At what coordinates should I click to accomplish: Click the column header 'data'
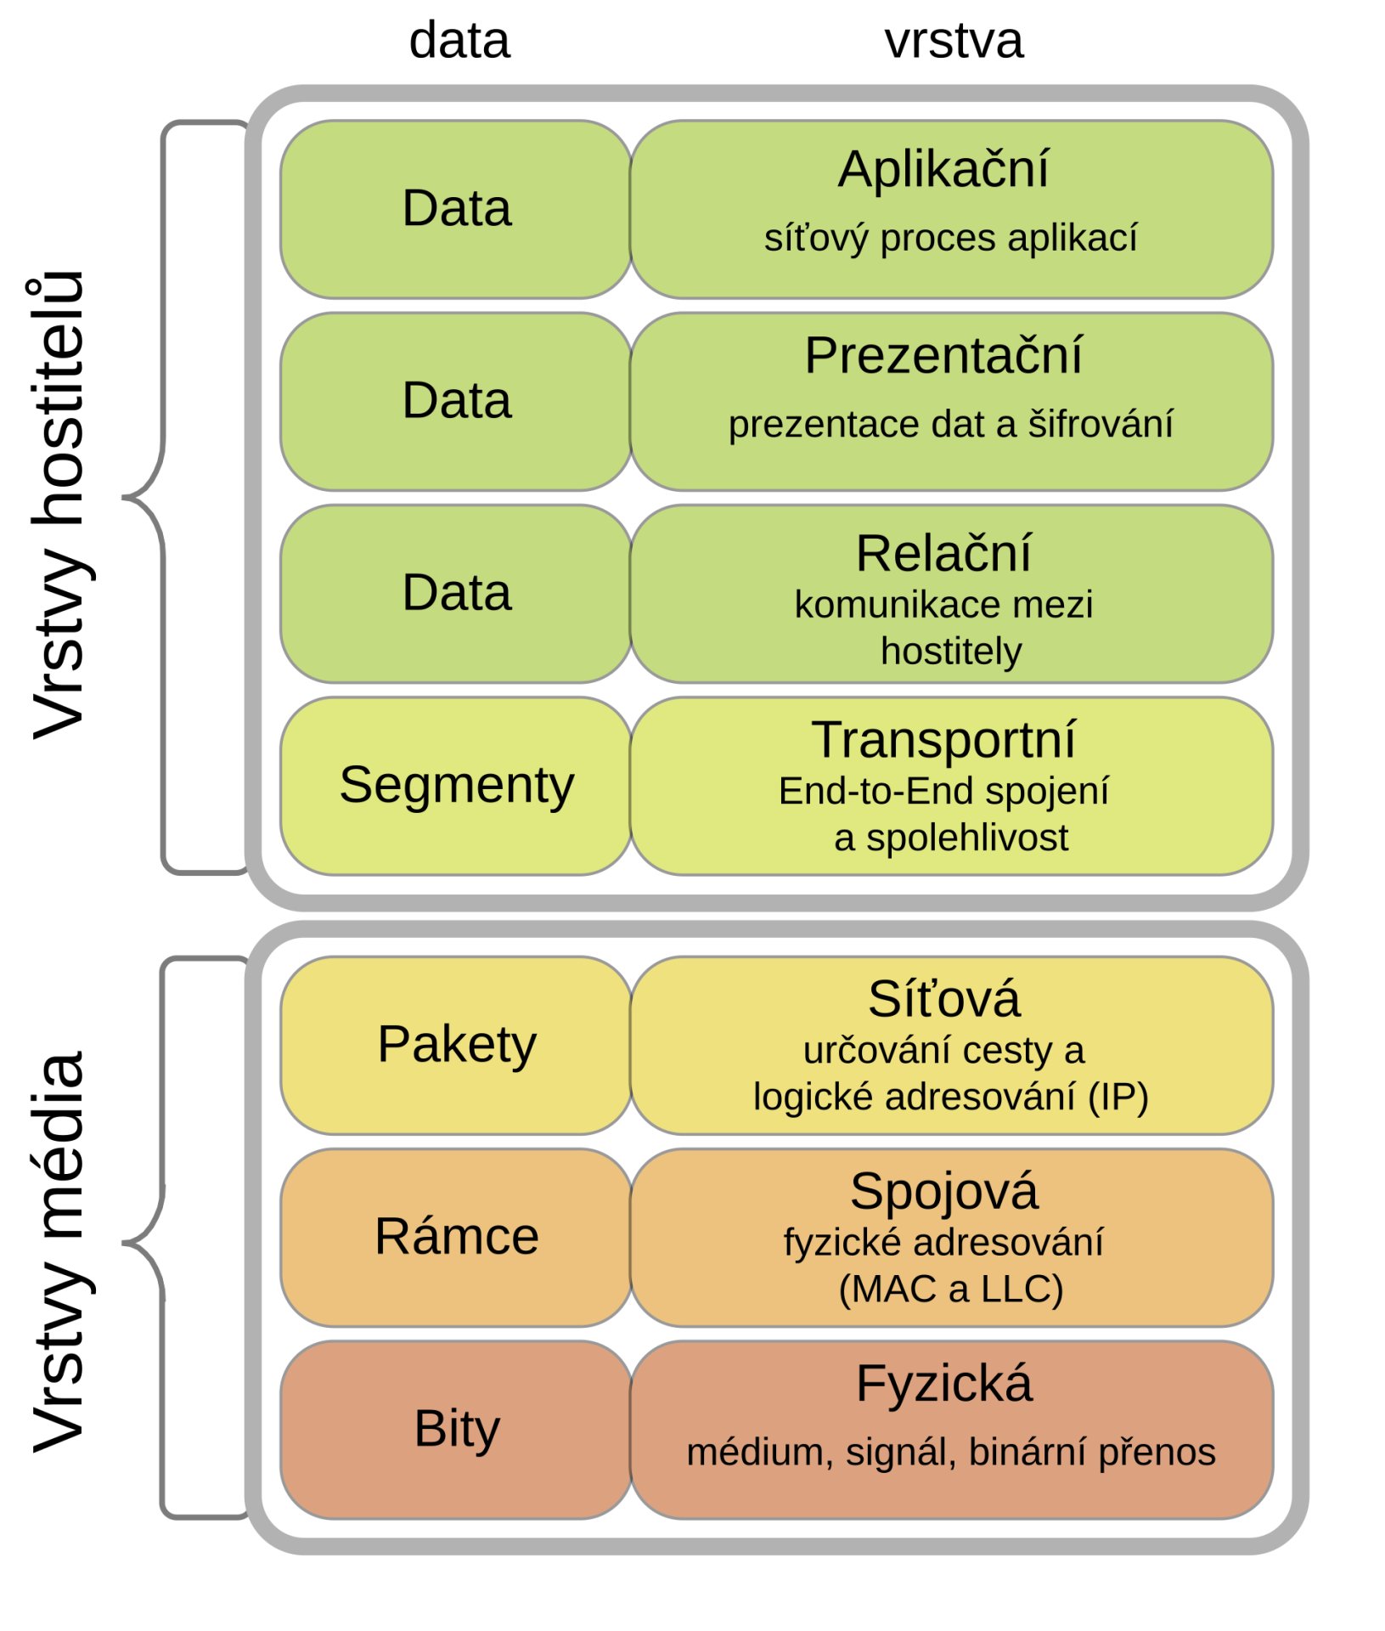pyautogui.click(x=459, y=41)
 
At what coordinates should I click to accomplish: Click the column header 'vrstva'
pyautogui.click(x=954, y=41)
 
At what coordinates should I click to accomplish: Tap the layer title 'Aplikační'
pyautogui.click(x=943, y=169)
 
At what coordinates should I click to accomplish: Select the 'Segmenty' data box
pyautogui.click(x=457, y=785)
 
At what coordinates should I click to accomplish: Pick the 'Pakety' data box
pyautogui.click(x=457, y=1044)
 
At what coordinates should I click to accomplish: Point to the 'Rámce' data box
pyautogui.click(x=457, y=1236)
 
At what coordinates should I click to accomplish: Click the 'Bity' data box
pyautogui.click(x=457, y=1428)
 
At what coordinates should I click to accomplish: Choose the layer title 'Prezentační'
pyautogui.click(x=943, y=355)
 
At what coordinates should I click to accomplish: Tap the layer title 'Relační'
pyautogui.click(x=943, y=553)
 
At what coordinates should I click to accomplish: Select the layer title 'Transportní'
pyautogui.click(x=943, y=739)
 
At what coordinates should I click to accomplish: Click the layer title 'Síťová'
pyautogui.click(x=943, y=999)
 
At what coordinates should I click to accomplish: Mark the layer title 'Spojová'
pyautogui.click(x=943, y=1191)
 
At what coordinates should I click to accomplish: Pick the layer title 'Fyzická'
pyautogui.click(x=943, y=1383)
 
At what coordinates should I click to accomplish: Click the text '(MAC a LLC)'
pyautogui.click(x=950, y=1289)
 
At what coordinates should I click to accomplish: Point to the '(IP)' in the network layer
pyautogui.click(x=1118, y=1097)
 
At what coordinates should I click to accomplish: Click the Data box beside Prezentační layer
pyautogui.click(x=457, y=400)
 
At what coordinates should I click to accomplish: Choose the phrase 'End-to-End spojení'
pyautogui.click(x=943, y=791)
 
